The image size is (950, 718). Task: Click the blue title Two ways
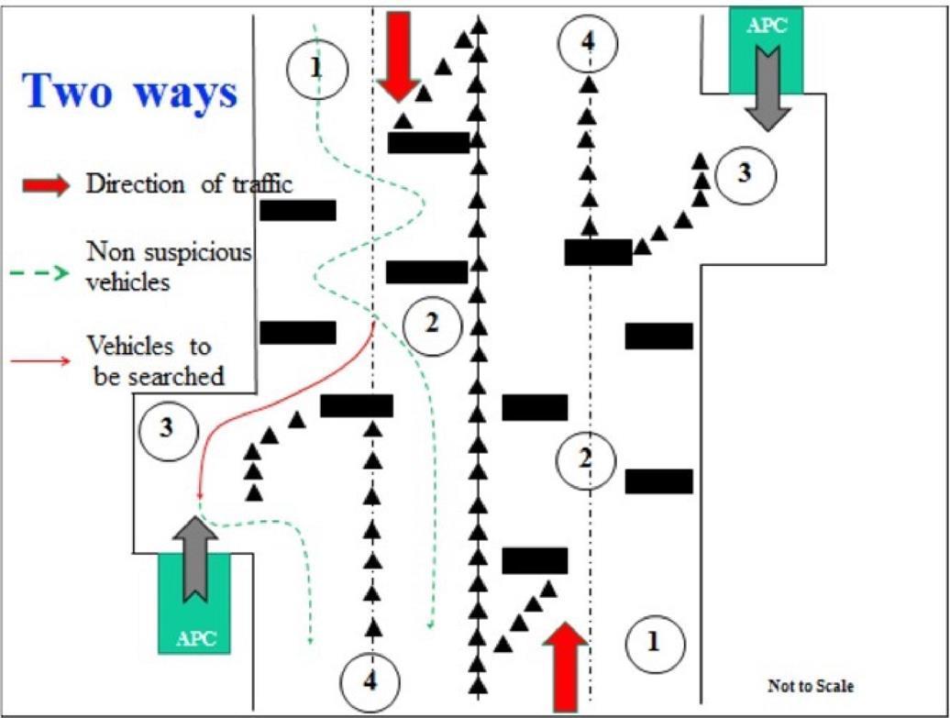(130, 92)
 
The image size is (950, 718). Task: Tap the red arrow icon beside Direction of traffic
(46, 185)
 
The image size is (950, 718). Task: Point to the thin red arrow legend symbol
(40, 361)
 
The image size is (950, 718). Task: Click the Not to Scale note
(811, 686)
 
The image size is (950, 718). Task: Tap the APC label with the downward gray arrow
(767, 26)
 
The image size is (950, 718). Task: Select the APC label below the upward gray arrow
(195, 638)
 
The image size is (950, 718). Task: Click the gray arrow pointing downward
(768, 88)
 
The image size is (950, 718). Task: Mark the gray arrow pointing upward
(195, 558)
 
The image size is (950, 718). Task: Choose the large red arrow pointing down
(398, 57)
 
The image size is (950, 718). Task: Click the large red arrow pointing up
(566, 667)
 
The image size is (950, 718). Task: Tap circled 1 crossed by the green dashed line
(317, 69)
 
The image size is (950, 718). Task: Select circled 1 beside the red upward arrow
(654, 644)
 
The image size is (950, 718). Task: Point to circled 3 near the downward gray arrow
(745, 173)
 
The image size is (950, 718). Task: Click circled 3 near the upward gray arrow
(167, 429)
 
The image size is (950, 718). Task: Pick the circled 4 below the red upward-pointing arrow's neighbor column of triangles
(370, 681)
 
